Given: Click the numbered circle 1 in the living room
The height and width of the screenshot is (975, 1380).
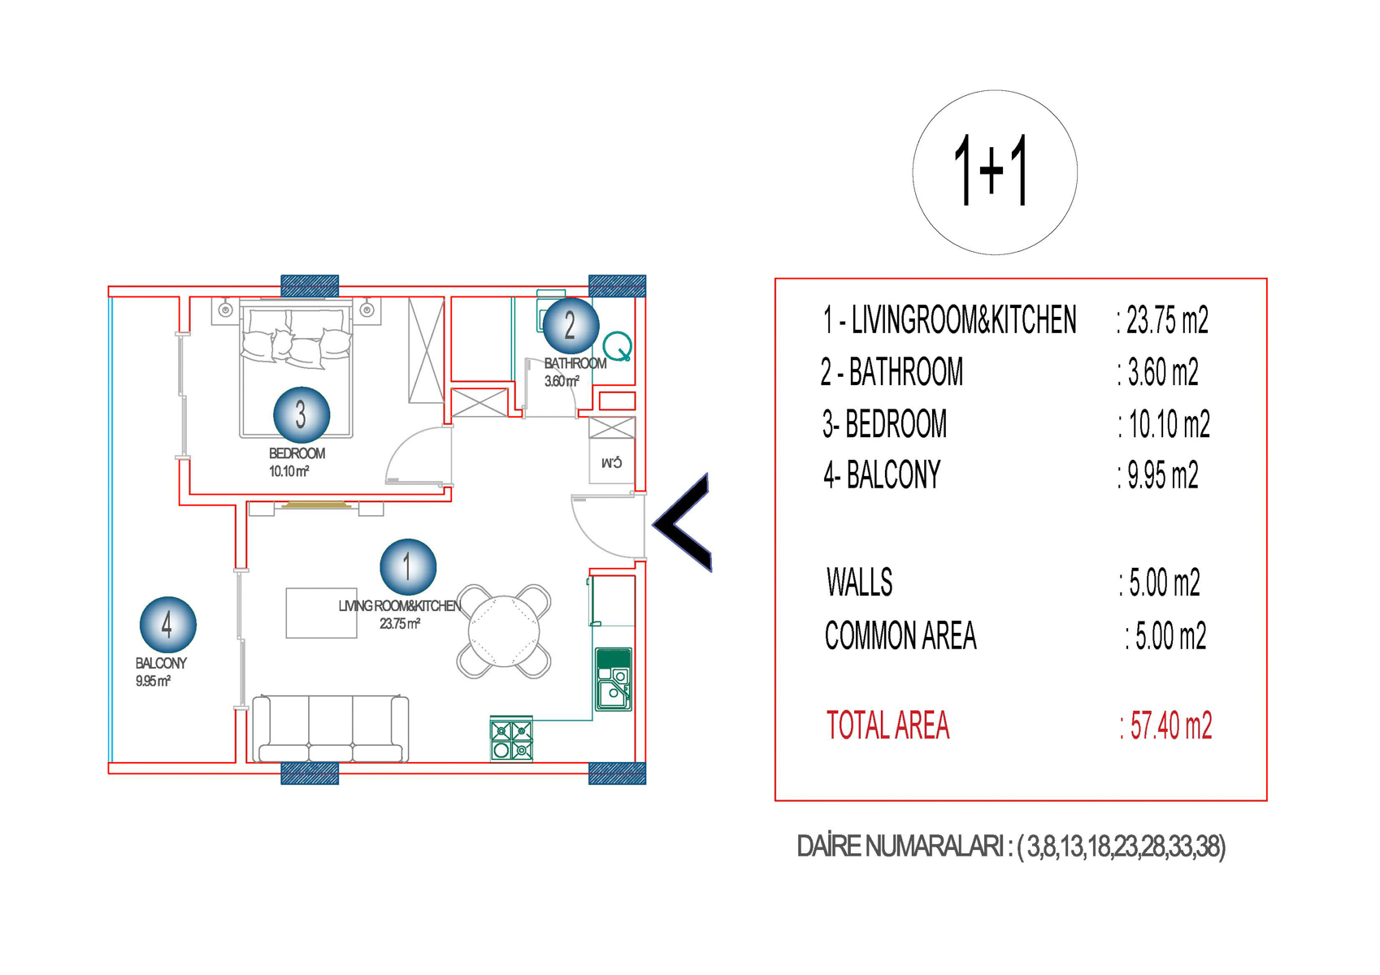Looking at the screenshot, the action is click(408, 567).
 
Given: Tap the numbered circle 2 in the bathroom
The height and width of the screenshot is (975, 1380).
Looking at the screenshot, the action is click(571, 326).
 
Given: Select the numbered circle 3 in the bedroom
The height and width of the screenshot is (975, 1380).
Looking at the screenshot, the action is click(302, 414).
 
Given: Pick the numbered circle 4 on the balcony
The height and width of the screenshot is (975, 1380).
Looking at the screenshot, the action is click(167, 625).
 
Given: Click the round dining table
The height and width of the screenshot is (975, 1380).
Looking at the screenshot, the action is click(504, 631).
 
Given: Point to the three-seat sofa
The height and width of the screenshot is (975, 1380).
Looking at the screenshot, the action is click(331, 729).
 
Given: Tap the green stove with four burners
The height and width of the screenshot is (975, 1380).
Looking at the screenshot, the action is click(511, 739).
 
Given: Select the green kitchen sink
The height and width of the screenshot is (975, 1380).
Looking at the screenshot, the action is click(614, 679).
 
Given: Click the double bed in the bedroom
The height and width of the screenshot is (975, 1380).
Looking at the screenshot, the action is click(296, 368).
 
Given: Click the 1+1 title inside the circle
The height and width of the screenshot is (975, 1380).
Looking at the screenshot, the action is click(992, 170).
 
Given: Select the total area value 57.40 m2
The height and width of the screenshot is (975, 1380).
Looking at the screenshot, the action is click(1166, 725).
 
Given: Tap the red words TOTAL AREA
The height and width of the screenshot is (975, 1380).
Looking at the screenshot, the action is click(887, 725).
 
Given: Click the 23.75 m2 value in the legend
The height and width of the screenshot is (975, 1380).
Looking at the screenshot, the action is click(1163, 319).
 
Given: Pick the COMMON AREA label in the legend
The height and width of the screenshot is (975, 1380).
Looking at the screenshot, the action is click(900, 635).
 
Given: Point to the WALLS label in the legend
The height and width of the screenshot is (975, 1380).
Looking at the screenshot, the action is click(859, 582).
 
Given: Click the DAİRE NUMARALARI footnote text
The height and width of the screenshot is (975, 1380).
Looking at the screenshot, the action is click(1011, 847).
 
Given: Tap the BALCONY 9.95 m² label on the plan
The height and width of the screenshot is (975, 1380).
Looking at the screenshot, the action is click(161, 672).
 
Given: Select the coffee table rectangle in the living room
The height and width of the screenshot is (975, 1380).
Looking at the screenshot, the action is click(322, 613).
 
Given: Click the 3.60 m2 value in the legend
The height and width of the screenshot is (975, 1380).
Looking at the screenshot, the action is click(1158, 372).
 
